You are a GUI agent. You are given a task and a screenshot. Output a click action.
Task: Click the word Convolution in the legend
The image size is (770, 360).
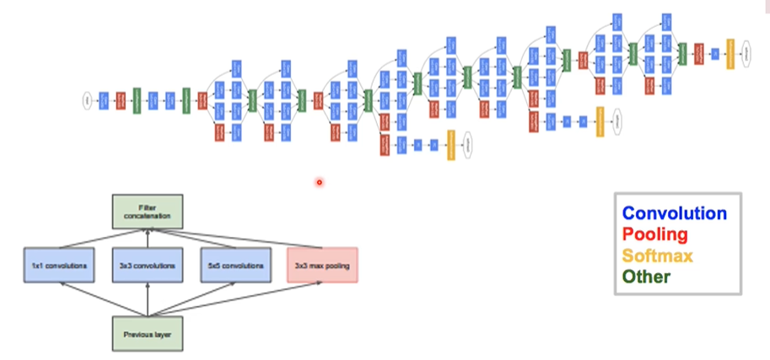click(673, 213)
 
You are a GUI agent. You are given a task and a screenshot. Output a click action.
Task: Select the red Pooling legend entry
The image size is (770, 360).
click(654, 234)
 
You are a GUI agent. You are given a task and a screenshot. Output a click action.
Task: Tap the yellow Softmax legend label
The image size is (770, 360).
click(657, 255)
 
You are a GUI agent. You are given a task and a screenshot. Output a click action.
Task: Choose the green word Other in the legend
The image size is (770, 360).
click(646, 276)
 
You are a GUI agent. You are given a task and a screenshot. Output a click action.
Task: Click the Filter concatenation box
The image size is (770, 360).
click(148, 211)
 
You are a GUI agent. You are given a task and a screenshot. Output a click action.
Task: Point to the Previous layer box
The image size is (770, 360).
click(148, 334)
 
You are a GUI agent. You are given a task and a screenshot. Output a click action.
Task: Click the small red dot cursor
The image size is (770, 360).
click(320, 181)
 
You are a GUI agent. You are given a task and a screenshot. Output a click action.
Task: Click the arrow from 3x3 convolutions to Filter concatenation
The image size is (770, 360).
click(148, 238)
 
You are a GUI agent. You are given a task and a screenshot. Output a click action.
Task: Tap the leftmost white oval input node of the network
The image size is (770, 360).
click(87, 100)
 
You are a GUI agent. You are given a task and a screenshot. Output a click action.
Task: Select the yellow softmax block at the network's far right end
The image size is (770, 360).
click(730, 53)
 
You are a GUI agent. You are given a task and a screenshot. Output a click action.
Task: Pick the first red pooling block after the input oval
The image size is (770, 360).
click(121, 100)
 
